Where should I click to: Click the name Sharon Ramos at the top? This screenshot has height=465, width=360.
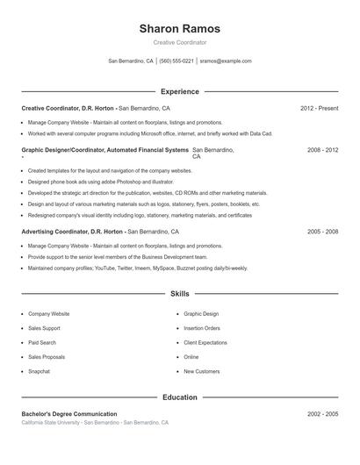(179, 29)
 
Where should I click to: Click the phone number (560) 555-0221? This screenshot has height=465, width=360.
(176, 61)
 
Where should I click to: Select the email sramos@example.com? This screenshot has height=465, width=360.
(226, 61)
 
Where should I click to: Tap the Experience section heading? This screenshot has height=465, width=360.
(179, 91)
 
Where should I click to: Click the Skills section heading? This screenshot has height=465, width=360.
(179, 294)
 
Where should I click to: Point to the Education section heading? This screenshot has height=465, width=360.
(179, 397)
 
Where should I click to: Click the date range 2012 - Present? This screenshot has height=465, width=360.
(319, 108)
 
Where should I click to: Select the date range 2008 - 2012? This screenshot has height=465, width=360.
(322, 150)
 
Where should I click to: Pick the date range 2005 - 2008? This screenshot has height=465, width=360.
(322, 232)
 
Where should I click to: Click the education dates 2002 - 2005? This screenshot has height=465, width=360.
(322, 413)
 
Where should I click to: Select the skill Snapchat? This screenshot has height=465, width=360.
(39, 372)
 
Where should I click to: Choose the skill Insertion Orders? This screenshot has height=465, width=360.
(202, 328)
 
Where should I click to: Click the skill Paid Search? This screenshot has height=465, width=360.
(41, 343)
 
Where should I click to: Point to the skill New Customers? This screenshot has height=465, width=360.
(202, 372)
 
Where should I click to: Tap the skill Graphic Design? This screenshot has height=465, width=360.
(201, 313)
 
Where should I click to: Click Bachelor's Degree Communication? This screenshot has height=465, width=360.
(69, 413)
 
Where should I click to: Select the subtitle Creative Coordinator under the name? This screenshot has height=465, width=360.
(179, 42)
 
